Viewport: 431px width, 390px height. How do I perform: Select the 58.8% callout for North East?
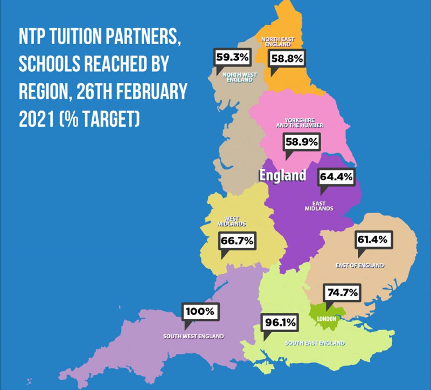click(x=287, y=59)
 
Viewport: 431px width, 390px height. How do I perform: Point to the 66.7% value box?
click(x=237, y=241)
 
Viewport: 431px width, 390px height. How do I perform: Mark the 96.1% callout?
click(x=280, y=323)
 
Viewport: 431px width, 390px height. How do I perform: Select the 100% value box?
click(x=200, y=312)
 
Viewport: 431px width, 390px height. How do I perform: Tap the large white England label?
click(x=282, y=175)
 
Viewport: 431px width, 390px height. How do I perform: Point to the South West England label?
click(x=194, y=336)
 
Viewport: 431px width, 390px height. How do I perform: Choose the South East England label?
click(x=315, y=343)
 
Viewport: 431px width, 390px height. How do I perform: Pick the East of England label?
click(x=360, y=265)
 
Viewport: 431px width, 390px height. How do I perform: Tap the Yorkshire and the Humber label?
click(x=299, y=123)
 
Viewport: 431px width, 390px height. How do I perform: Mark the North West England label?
click(x=237, y=77)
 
